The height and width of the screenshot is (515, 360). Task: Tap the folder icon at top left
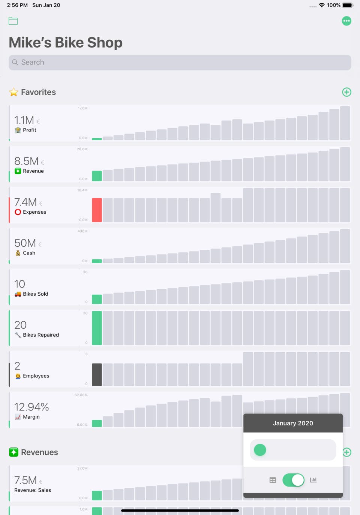pos(13,21)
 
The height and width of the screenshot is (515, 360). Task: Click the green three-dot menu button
pos(346,21)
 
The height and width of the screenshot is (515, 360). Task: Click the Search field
pos(180,63)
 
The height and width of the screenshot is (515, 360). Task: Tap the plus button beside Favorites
pos(346,92)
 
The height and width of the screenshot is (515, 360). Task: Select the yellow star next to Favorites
pos(14,92)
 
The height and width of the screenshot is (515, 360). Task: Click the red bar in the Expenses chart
pos(97,210)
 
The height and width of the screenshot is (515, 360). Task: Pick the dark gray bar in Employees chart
pos(97,374)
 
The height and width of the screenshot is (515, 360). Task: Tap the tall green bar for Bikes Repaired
pos(97,328)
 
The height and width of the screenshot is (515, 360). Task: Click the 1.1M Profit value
pos(24,120)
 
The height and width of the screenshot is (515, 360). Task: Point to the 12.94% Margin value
pos(31,407)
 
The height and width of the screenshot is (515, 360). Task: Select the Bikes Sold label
pos(35,294)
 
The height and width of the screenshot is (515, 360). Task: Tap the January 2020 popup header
pos(293,423)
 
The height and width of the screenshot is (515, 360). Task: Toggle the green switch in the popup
pos(293,480)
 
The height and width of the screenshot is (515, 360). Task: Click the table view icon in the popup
pos(273,480)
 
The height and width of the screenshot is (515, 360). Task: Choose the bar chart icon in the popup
pos(313,480)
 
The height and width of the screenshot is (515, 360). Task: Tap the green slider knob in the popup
pos(260,450)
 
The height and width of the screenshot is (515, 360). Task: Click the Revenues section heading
pos(39,452)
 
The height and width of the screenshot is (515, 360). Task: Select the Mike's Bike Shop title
pos(66,43)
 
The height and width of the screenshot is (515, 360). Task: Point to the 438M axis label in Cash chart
pos(82,231)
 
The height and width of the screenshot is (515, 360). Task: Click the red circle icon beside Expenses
pos(18,212)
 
